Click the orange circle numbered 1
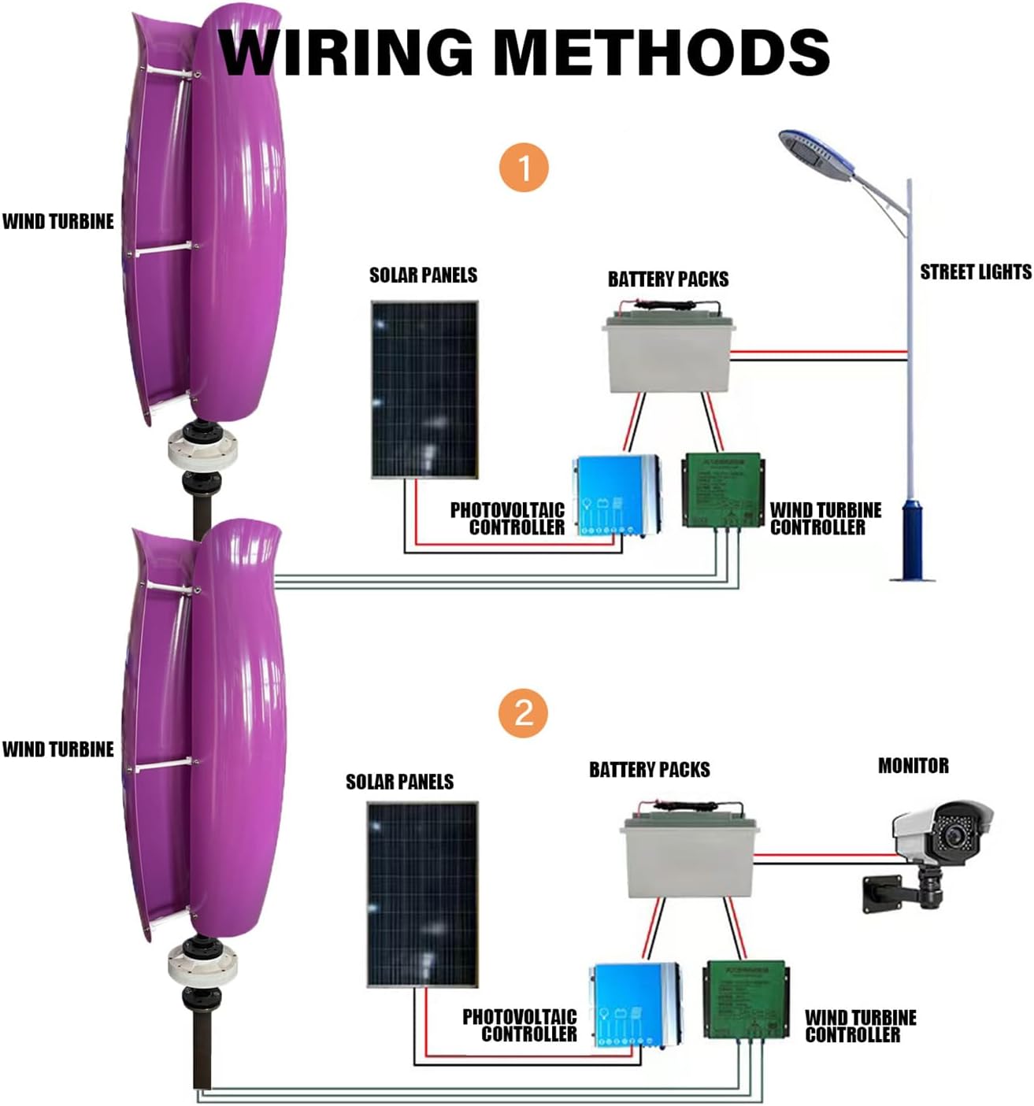click(x=524, y=168)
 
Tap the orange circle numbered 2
click(x=524, y=713)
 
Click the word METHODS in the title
click(x=665, y=52)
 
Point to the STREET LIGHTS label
click(x=975, y=272)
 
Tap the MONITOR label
click(x=913, y=765)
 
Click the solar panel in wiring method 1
click(x=424, y=389)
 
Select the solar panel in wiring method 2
click(x=422, y=894)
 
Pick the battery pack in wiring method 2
click(x=690, y=856)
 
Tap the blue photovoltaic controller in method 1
click(x=615, y=495)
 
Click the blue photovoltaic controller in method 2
click(x=635, y=1004)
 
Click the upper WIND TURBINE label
click(x=58, y=222)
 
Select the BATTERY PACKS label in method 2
click(x=649, y=770)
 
